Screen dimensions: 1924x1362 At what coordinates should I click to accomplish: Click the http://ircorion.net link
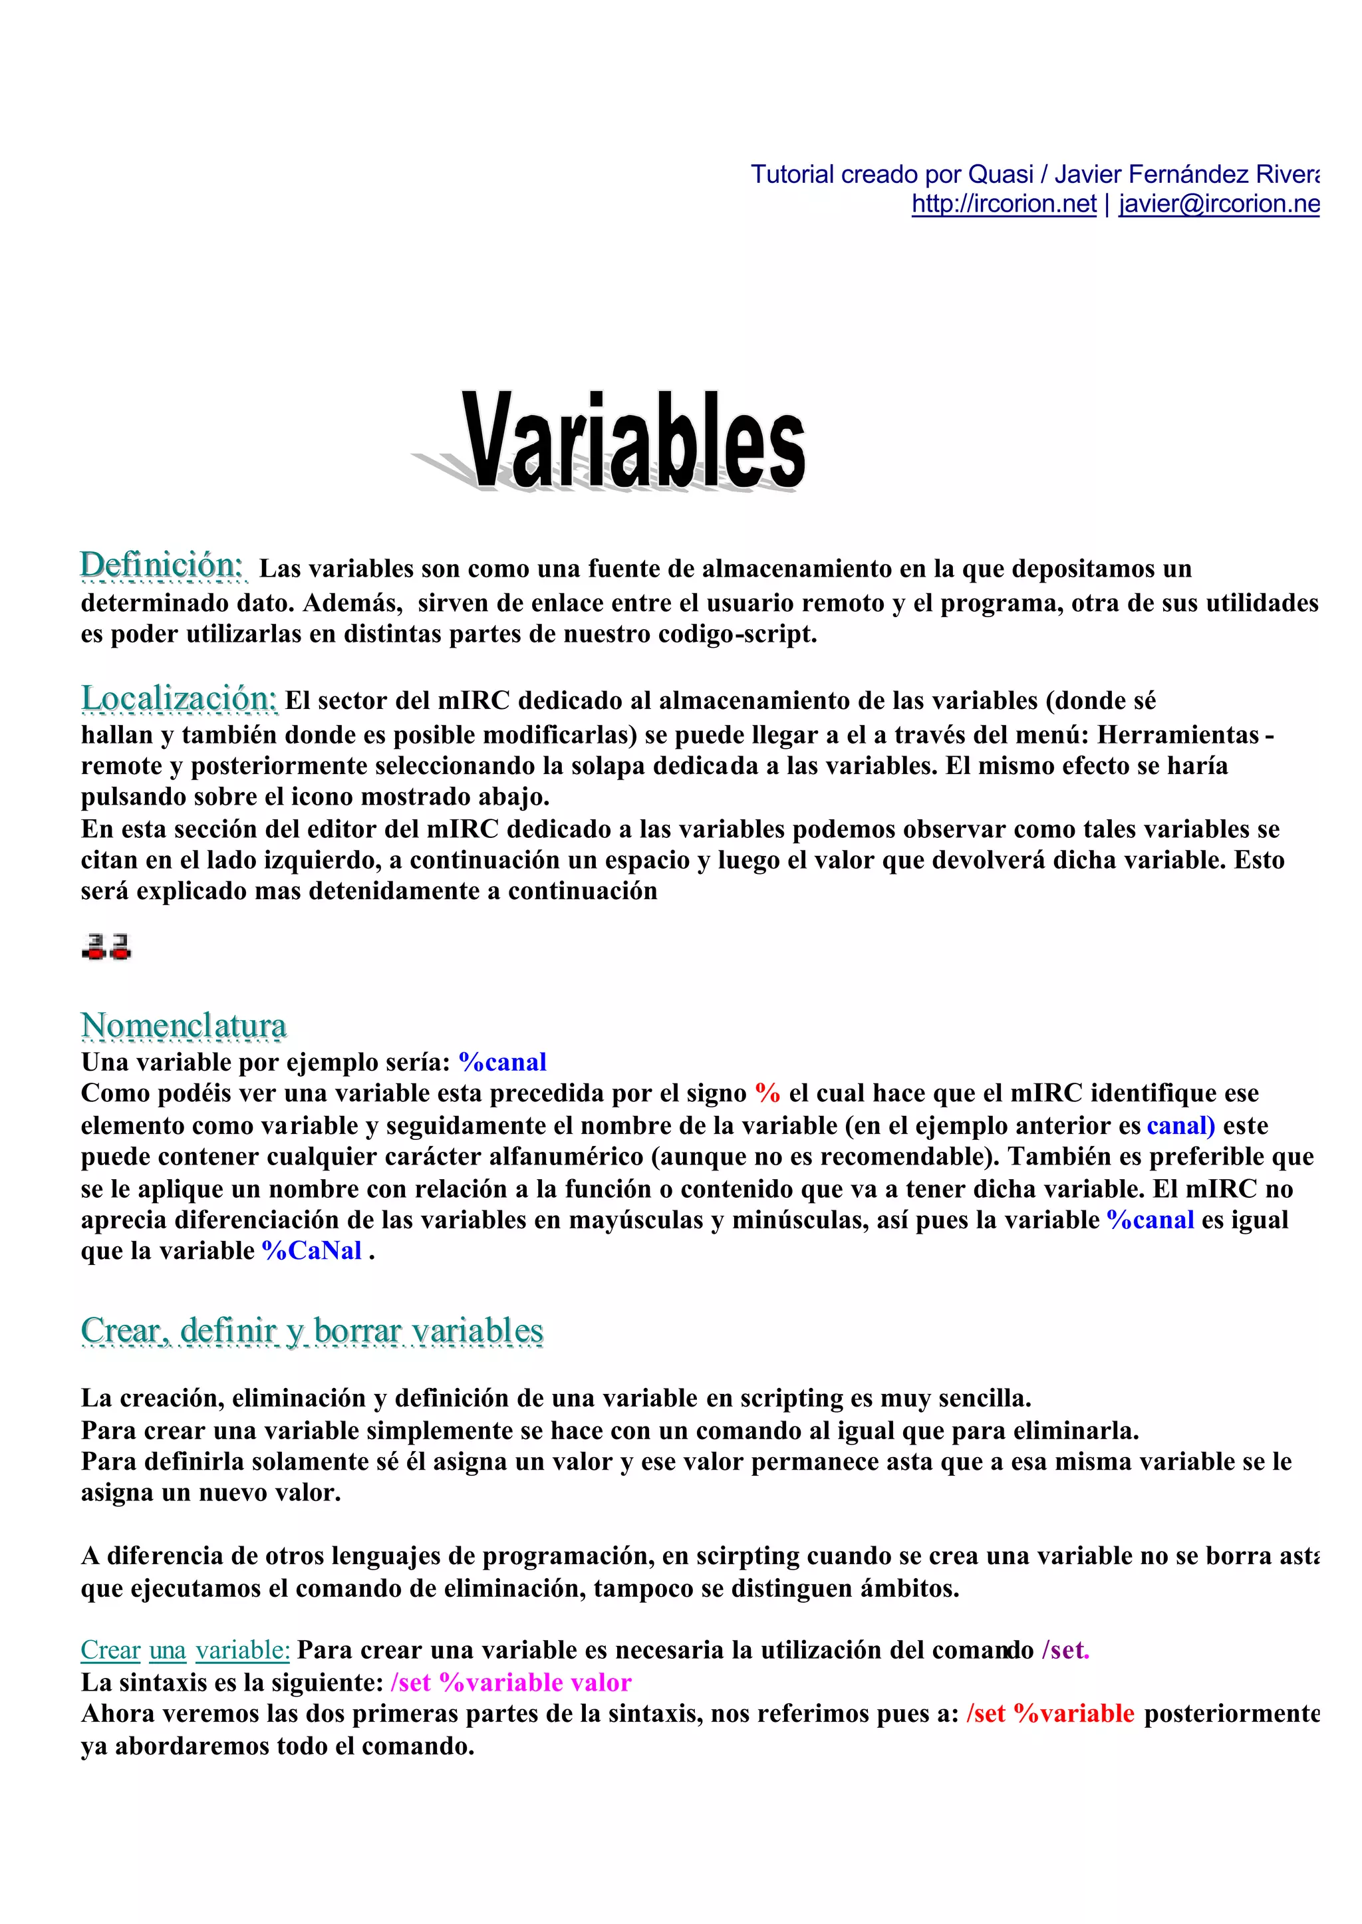tap(1004, 204)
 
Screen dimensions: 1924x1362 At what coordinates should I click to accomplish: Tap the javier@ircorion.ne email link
tap(1218, 204)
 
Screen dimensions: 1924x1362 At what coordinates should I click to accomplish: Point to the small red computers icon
tap(106, 946)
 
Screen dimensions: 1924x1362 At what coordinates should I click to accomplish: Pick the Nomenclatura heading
tap(184, 1025)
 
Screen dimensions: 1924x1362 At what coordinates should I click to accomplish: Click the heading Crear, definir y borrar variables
tap(312, 1331)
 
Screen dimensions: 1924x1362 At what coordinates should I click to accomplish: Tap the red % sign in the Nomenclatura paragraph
tap(767, 1093)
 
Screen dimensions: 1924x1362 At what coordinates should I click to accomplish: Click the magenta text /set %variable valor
tap(511, 1683)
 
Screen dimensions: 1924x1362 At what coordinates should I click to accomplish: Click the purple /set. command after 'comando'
tap(1065, 1651)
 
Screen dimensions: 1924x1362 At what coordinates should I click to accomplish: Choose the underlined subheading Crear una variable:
tap(184, 1651)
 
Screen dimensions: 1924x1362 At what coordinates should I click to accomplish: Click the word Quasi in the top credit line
tap(1000, 174)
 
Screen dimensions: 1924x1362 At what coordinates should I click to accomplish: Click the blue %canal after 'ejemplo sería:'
tap(502, 1063)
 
